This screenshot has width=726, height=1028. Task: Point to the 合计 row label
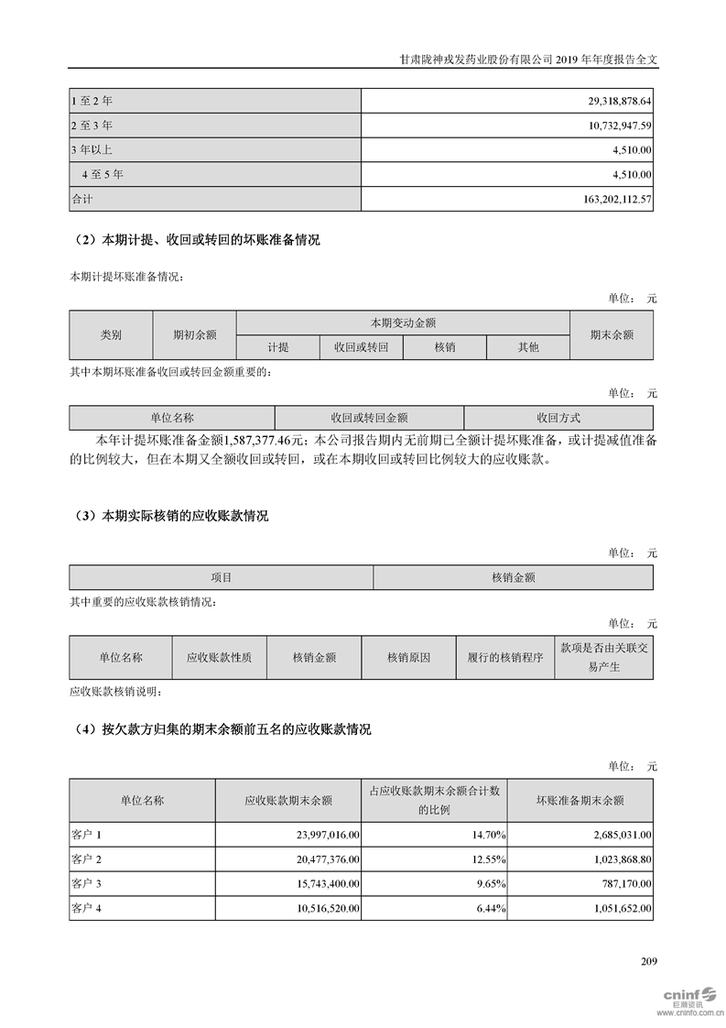click(x=82, y=198)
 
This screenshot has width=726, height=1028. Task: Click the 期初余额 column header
click(x=195, y=335)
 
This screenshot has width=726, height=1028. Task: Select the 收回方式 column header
click(x=558, y=417)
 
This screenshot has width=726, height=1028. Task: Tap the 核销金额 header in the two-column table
click(x=514, y=577)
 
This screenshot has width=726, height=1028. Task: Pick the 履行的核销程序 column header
click(x=505, y=657)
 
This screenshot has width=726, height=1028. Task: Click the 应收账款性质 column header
click(x=219, y=657)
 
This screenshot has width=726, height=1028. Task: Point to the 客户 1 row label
click(x=88, y=835)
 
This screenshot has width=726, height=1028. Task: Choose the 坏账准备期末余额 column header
click(x=580, y=800)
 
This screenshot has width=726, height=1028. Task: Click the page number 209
click(x=649, y=961)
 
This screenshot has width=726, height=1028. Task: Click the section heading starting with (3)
click(x=169, y=516)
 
